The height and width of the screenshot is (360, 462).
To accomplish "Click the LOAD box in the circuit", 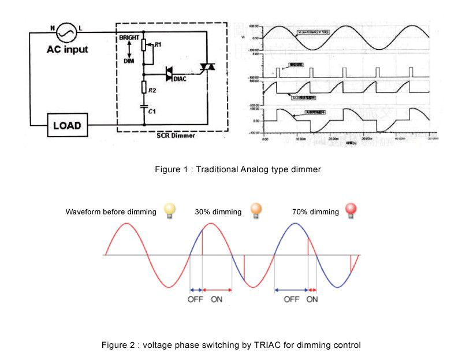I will pos(68,125).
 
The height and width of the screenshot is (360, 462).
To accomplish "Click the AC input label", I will pos(68,50).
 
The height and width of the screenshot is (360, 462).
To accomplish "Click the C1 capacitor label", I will pos(152,110).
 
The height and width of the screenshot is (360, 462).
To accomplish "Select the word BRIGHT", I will pos(129,38).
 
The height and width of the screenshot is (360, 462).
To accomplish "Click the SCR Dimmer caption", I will pos(176,136).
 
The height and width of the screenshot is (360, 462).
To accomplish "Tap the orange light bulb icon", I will pos(255,210).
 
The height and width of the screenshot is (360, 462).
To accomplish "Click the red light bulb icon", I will pos(350,210).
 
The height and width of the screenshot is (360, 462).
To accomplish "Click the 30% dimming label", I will pos(218,212).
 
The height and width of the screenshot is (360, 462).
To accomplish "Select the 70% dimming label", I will pos(316,212).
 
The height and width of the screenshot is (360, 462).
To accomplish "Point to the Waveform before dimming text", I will pos(111,212).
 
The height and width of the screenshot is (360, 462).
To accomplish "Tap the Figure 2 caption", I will pos(231,345).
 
